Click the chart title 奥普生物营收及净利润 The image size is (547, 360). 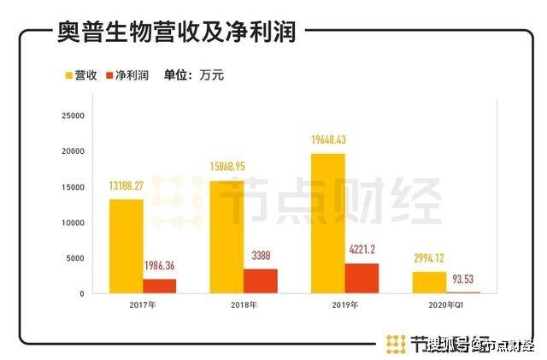175,33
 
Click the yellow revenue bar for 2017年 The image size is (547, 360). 126,246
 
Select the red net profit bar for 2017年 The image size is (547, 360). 160,286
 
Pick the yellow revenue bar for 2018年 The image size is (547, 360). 226,237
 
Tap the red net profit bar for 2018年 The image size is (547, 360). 260,281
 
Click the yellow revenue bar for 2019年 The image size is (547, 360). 327,223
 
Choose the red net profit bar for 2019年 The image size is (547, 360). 362,278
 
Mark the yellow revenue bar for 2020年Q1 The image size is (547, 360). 430,283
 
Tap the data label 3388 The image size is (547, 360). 260,256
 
